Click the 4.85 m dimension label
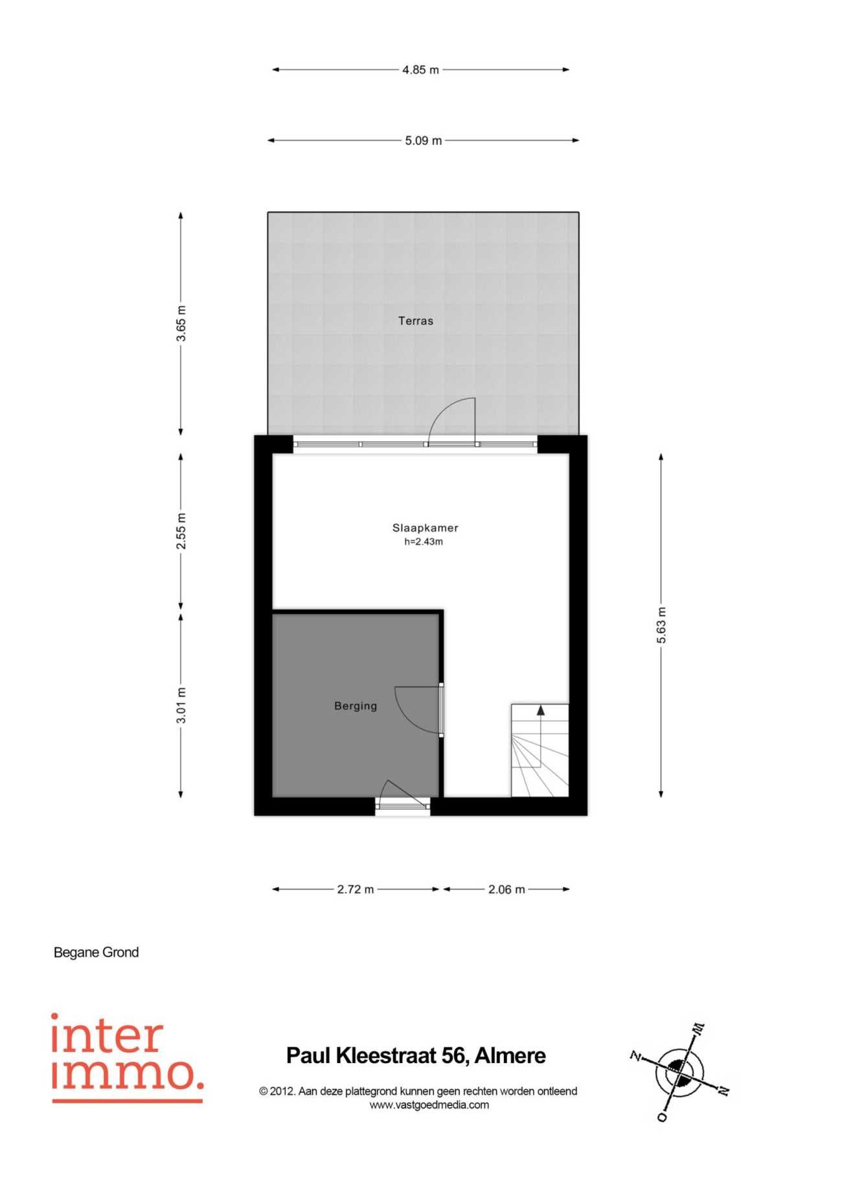coord(420,70)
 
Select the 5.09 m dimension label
coord(424,140)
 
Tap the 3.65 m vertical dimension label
coord(181,324)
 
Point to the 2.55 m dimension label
coord(181,532)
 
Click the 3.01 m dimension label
coord(181,706)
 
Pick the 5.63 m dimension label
coord(661,625)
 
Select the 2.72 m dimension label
coord(356,890)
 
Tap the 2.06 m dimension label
coord(506,890)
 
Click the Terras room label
coord(416,320)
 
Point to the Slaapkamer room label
coord(425,528)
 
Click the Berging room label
coord(356,706)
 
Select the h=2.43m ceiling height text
coord(424,542)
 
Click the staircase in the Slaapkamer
coord(540,750)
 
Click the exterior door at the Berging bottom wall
coord(403,796)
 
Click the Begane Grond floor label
coord(96,952)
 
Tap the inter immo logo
coord(127,1057)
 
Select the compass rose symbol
coord(679,1073)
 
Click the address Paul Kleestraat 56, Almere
coord(416,1056)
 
